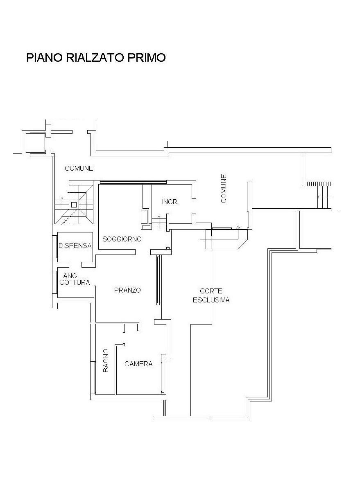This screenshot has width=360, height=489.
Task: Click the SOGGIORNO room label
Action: [x=122, y=239]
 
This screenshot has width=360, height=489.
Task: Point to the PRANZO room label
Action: [x=127, y=290]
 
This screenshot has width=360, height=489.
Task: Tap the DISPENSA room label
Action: [x=75, y=246]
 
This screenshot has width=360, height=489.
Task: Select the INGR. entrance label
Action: [x=170, y=202]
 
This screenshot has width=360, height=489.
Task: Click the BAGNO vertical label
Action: [x=106, y=360]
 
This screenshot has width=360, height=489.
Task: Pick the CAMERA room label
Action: [x=138, y=364]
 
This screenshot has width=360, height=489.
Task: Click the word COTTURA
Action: [x=75, y=282]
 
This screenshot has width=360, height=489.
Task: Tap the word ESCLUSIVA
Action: [x=211, y=300]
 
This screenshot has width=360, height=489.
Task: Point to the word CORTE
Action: [x=211, y=291]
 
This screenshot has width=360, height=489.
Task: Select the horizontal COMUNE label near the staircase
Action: [x=79, y=169]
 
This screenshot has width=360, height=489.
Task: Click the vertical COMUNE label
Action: [x=224, y=189]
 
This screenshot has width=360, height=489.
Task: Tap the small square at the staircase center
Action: [x=74, y=205]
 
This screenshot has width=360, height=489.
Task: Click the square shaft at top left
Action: [x=35, y=143]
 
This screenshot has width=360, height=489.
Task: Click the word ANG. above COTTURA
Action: [x=70, y=276]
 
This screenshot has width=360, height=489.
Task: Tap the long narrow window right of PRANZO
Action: [x=158, y=280]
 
